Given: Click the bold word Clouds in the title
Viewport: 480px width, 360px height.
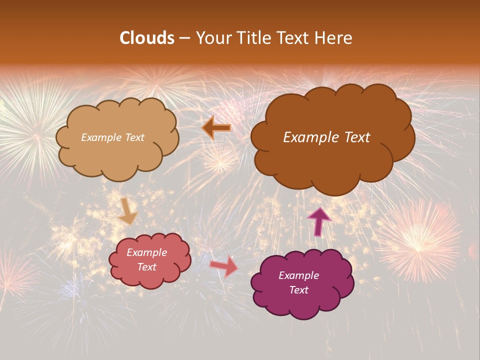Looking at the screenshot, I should pos(146,38).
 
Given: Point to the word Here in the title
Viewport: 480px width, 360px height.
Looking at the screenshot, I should pos(333,38).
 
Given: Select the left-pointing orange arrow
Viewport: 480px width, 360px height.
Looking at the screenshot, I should pos(216,128).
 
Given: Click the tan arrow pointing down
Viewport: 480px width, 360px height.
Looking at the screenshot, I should pos(127,211).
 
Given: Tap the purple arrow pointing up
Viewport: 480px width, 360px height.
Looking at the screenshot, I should pos(319,221).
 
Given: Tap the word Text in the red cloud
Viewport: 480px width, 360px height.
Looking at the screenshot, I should pos(147,267).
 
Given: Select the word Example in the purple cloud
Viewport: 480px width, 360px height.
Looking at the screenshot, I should pos(298,275).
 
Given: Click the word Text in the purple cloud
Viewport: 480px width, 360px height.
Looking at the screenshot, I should pos(298,290).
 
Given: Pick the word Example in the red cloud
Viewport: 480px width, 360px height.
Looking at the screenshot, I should pos(147,252).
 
